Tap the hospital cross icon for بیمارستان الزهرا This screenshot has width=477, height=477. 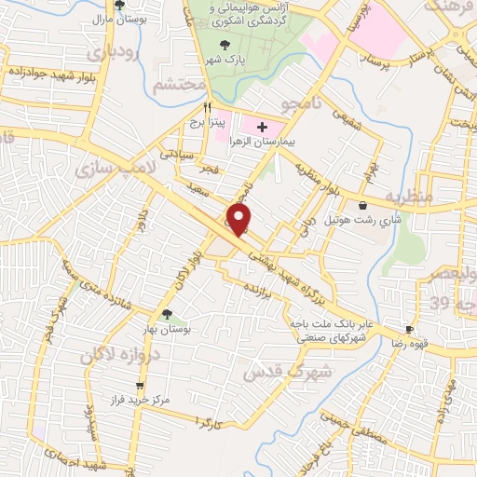tap(262, 128)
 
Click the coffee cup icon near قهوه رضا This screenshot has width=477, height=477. tap(408, 331)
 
